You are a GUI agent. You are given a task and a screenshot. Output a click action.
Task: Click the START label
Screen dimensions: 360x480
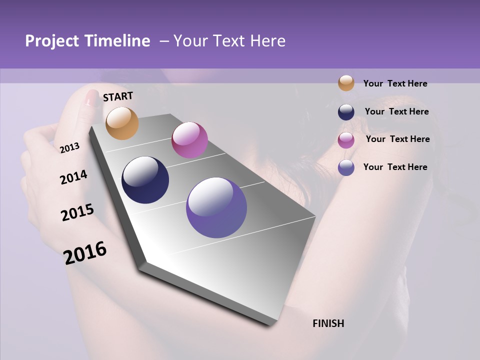pyautogui.click(x=118, y=96)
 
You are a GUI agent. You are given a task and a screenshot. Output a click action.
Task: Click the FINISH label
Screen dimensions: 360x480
pyautogui.click(x=328, y=323)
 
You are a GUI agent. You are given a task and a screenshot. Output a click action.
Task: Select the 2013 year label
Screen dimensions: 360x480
pyautogui.click(x=69, y=148)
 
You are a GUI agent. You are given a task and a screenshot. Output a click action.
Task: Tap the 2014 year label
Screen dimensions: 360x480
pyautogui.click(x=73, y=177)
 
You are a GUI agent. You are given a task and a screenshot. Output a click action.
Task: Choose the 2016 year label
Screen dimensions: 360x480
pyautogui.click(x=85, y=253)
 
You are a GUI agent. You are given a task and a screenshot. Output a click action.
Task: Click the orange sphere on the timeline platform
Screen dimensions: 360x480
pyautogui.click(x=122, y=123)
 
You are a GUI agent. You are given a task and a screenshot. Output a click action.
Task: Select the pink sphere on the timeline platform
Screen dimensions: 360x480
pyautogui.click(x=189, y=140)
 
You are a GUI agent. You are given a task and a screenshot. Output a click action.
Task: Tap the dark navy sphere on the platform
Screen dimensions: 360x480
pyautogui.click(x=145, y=180)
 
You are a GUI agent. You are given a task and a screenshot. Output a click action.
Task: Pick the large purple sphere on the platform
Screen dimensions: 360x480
pyautogui.click(x=216, y=207)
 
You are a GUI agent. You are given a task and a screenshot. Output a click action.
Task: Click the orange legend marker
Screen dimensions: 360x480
pyautogui.click(x=346, y=83)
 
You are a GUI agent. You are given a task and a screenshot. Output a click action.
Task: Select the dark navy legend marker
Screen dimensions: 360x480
pyautogui.click(x=346, y=112)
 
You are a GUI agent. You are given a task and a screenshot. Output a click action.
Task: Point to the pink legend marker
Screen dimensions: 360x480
pyautogui.click(x=346, y=140)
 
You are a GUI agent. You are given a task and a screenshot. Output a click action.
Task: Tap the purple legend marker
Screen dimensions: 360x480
pyautogui.click(x=346, y=167)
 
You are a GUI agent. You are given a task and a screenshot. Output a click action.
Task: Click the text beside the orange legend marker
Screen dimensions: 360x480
pyautogui.click(x=395, y=83)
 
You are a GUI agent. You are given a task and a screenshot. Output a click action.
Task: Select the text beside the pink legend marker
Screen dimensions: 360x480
pyautogui.click(x=397, y=139)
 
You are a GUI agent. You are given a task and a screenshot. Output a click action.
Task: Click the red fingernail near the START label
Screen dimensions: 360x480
pyautogui.click(x=91, y=97)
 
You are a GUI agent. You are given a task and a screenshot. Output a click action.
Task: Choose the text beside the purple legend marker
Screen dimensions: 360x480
pyautogui.click(x=395, y=167)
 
